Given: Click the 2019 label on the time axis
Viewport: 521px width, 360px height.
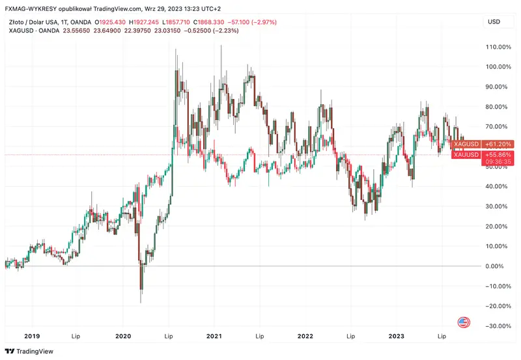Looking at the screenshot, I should tap(32, 336).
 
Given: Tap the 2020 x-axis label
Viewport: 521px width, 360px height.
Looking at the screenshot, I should tap(124, 336).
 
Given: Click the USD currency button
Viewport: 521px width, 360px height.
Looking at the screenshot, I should tap(494, 22).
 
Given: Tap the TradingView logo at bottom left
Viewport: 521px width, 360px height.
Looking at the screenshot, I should tap(31, 352).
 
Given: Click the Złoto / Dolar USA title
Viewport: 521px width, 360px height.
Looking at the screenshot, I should tap(33, 22).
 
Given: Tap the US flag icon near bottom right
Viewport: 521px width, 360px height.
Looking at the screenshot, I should tap(464, 322).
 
